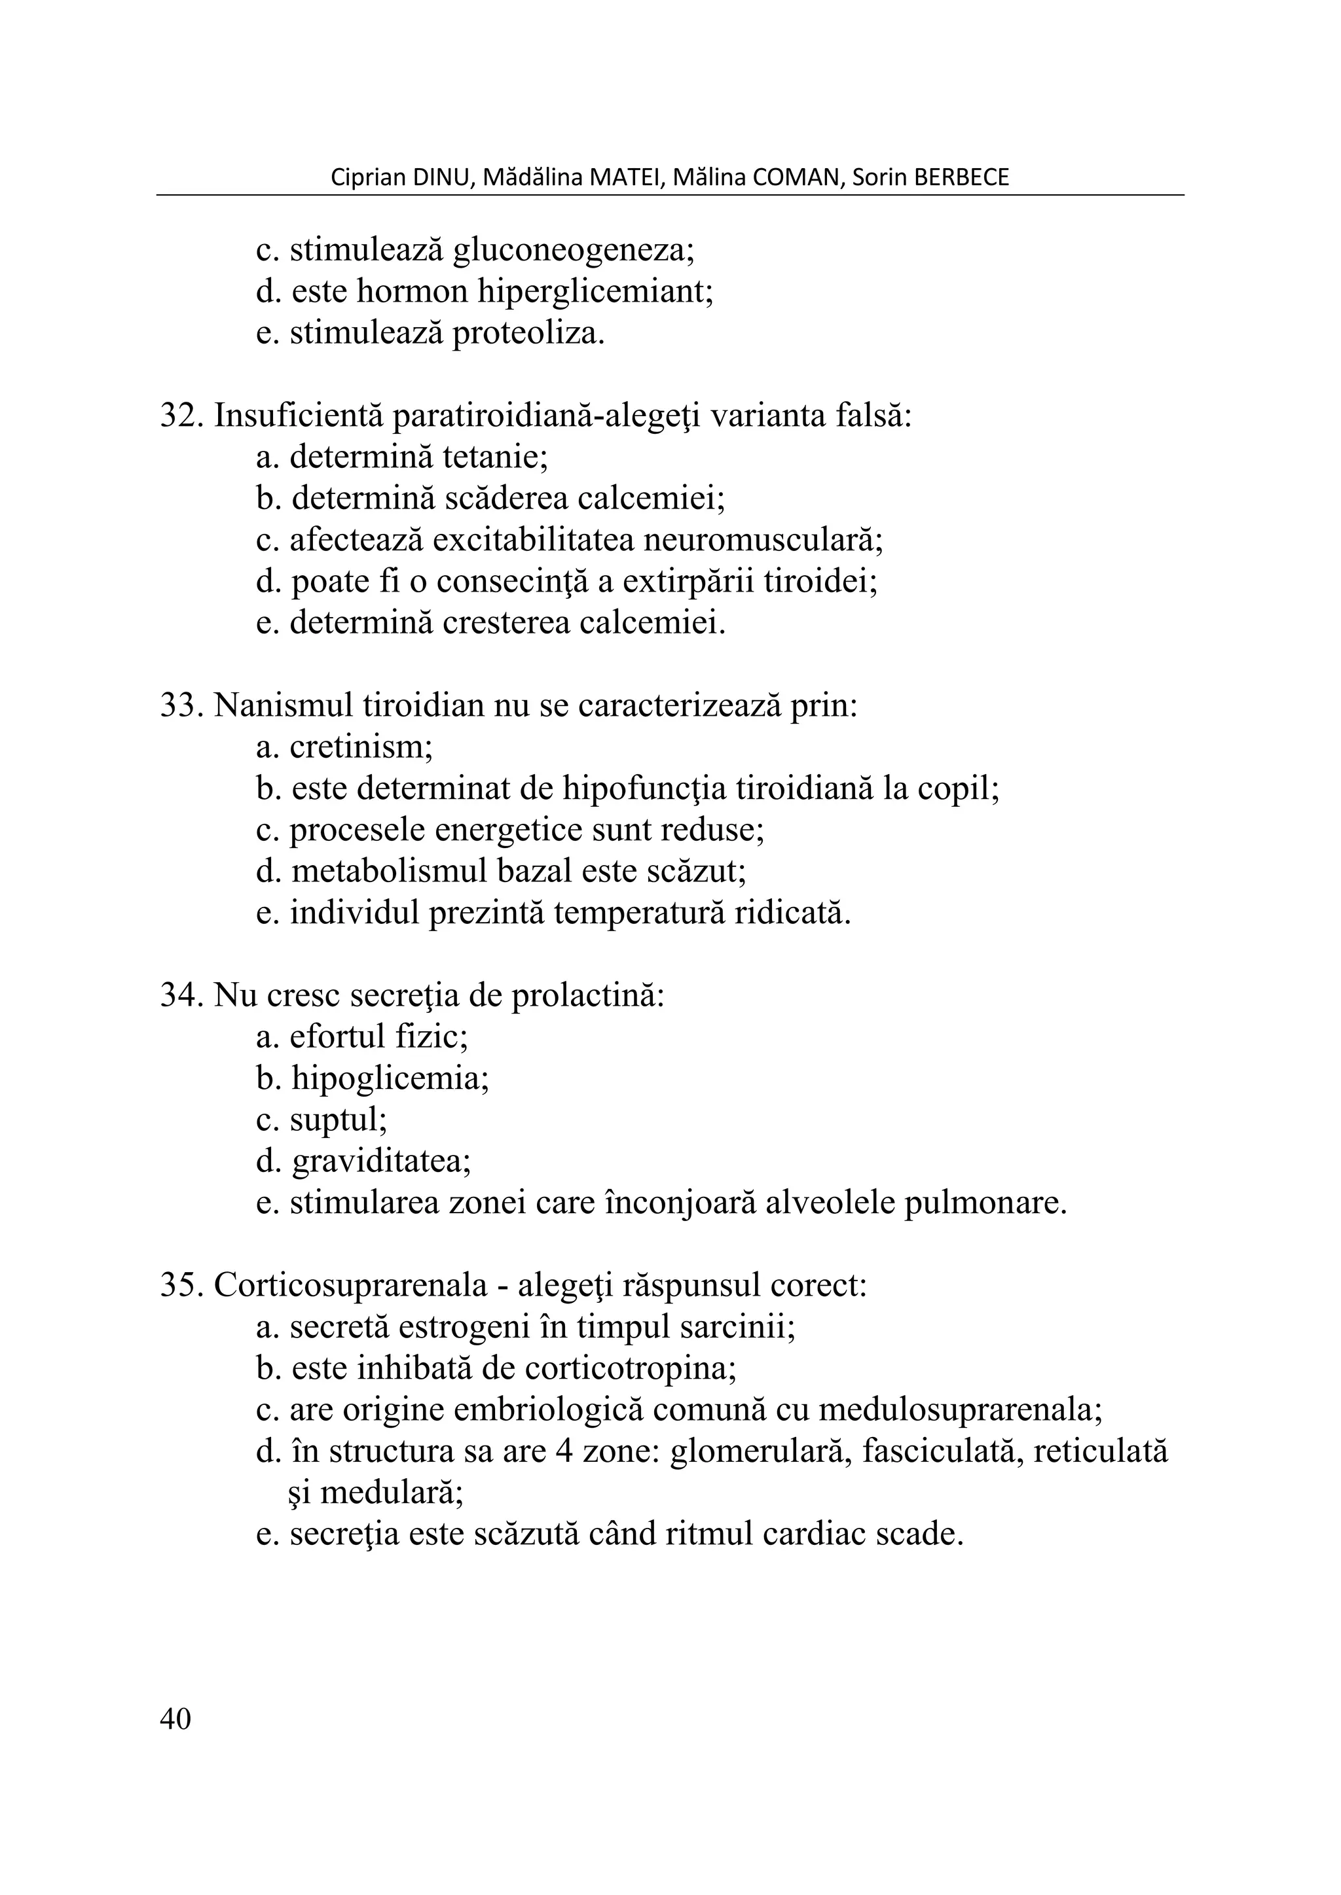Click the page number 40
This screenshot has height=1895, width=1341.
175,1719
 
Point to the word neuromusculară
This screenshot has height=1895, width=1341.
762,540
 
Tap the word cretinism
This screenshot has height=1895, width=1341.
361,747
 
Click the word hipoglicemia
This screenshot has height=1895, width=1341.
390,1079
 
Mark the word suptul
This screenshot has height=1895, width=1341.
338,1120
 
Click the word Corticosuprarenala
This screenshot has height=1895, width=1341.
351,1285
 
